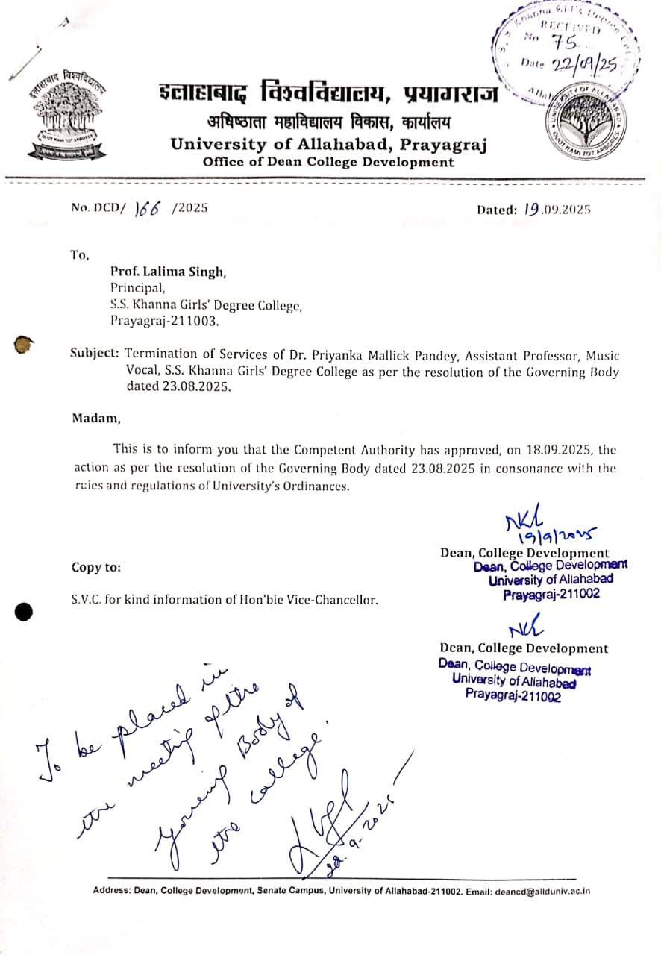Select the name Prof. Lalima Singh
[x=168, y=272]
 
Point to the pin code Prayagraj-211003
[x=165, y=322]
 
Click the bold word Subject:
[x=95, y=354]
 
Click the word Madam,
[x=95, y=418]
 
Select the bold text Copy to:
[x=96, y=567]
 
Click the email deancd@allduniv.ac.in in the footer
[x=537, y=891]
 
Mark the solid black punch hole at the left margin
[x=24, y=611]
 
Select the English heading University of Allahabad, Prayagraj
[x=328, y=144]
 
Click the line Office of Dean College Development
[x=328, y=162]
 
